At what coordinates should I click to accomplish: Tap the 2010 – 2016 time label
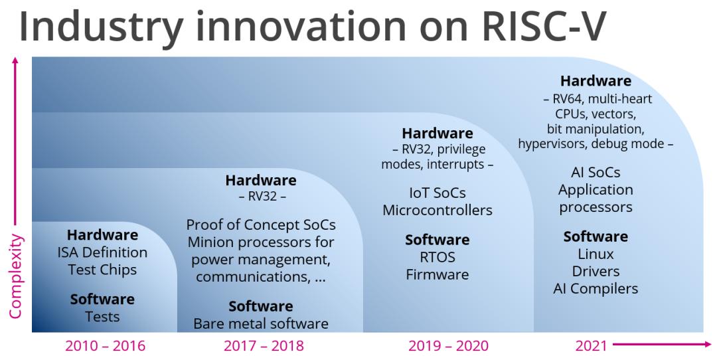pos(105,346)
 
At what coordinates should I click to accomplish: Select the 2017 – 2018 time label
pos(264,346)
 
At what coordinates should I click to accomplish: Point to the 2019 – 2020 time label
pos(448,346)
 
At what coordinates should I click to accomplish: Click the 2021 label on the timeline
pos(591,346)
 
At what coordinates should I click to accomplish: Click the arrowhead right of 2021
pos(708,345)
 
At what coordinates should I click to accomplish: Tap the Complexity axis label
pos(15,276)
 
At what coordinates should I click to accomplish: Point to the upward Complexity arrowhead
pos(15,60)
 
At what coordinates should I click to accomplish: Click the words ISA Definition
pos(102,252)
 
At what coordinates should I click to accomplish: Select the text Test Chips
pos(102,270)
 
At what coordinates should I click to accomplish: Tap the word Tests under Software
pos(102,317)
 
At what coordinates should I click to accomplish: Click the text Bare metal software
pos(261,324)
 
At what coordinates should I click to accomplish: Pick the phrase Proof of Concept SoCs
pos(261,225)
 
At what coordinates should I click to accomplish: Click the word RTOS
pos(438,257)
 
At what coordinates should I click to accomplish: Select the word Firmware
pos(438,274)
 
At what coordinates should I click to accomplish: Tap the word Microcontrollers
pos(438,210)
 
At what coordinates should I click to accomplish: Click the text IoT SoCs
pos(438,193)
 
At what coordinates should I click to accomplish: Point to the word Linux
pos(596,254)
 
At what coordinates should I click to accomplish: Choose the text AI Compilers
pos(596,289)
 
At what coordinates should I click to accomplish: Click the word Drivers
pos(596,271)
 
